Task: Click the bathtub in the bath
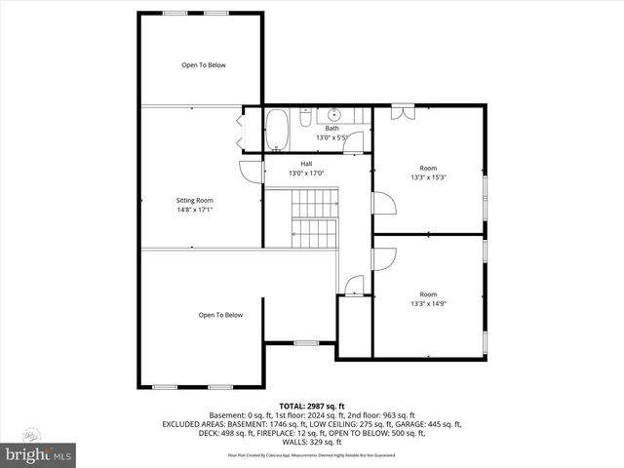click(278, 130)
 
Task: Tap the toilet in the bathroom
click(305, 119)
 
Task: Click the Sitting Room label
click(195, 199)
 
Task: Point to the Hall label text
click(305, 163)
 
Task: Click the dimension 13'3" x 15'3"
click(428, 177)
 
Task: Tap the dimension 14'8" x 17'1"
click(195, 209)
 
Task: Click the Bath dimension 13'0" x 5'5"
click(332, 137)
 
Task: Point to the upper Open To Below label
click(203, 65)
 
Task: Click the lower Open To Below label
click(220, 315)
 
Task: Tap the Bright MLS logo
click(39, 454)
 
